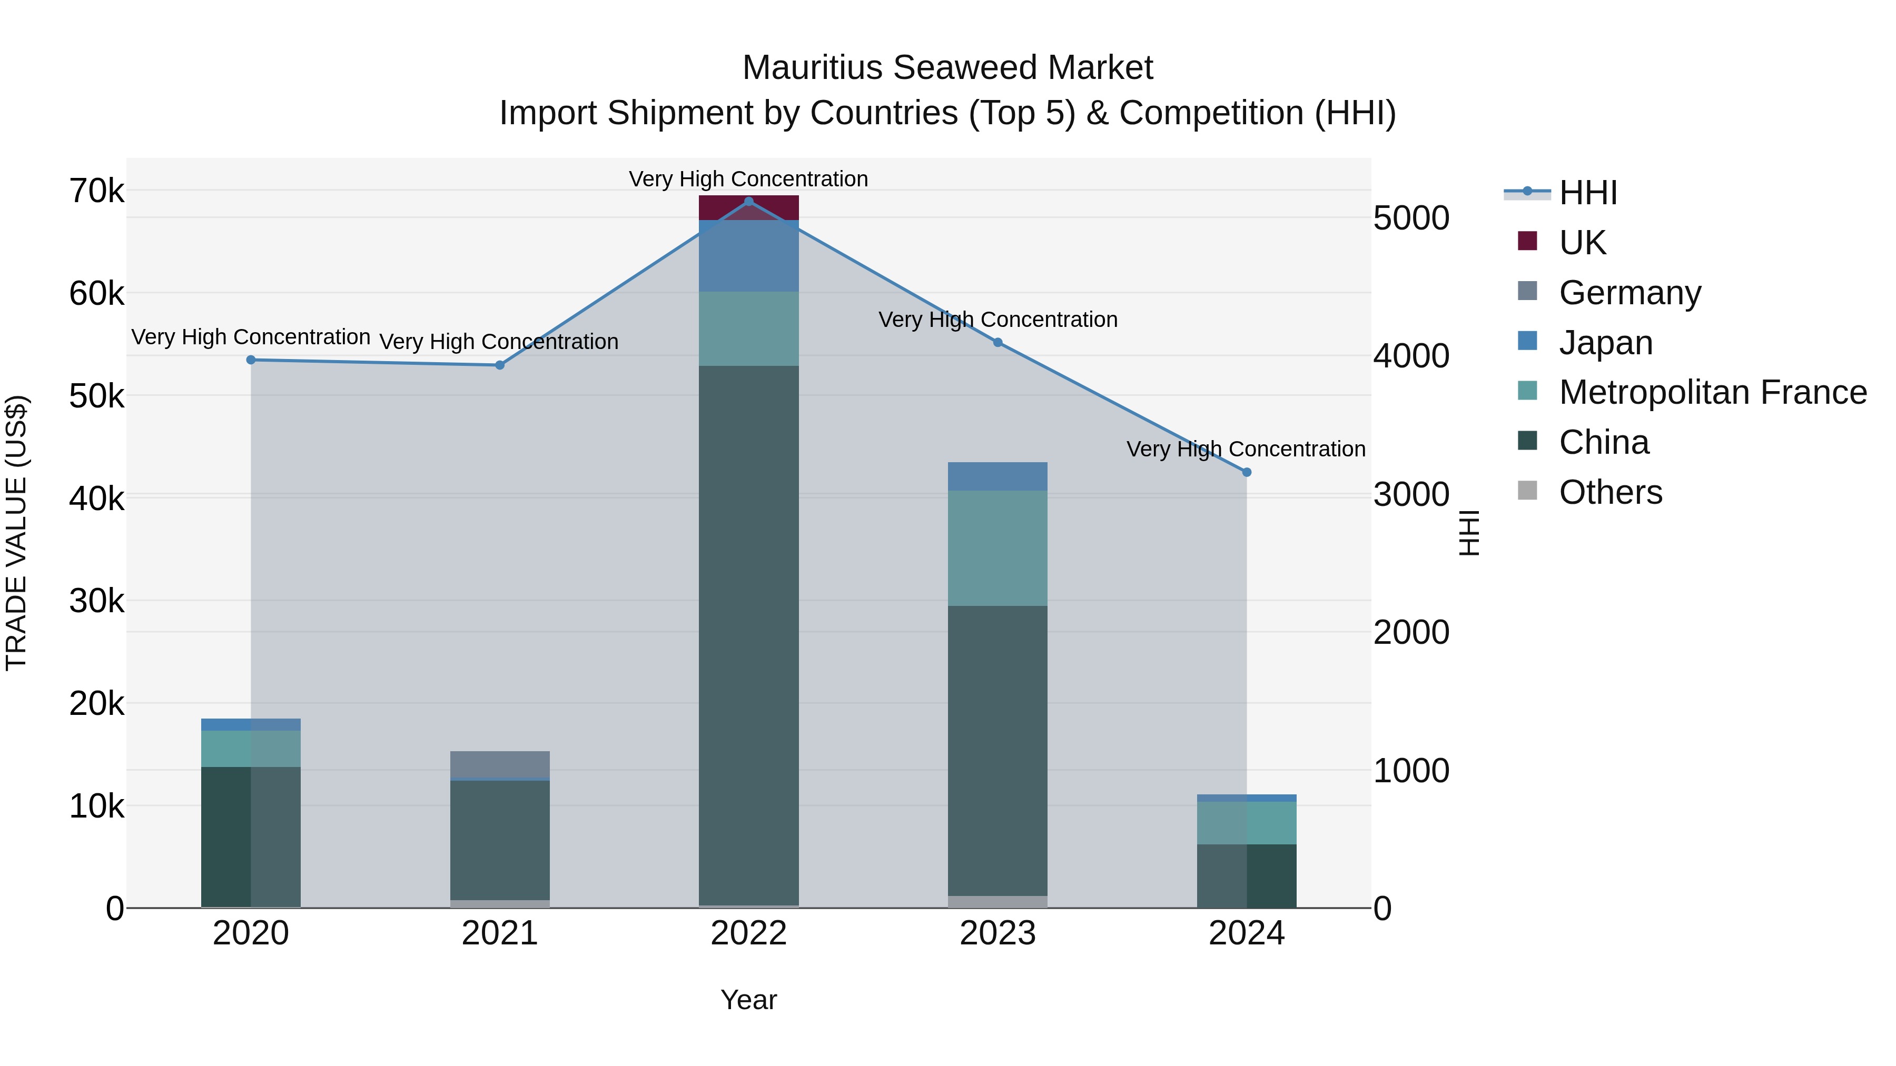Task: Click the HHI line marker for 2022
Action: pos(748,201)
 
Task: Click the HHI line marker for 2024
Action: pos(1246,472)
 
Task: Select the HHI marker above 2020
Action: pos(251,360)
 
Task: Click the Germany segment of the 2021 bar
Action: pos(500,764)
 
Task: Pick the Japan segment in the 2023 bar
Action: pos(998,476)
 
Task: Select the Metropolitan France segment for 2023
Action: pos(998,548)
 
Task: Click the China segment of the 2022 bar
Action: pos(748,633)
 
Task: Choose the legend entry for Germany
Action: pos(1630,292)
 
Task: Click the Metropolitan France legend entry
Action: pos(1712,392)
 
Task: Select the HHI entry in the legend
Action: pos(1587,193)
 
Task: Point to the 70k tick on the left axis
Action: pos(96,191)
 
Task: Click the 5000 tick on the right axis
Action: pos(1411,218)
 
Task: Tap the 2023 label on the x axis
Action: pos(998,933)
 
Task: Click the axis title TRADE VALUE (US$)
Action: pos(16,533)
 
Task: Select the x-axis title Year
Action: pos(748,1000)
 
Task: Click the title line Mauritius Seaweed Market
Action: pos(947,68)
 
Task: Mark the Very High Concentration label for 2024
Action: pos(1246,449)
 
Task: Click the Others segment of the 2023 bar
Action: pos(998,901)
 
